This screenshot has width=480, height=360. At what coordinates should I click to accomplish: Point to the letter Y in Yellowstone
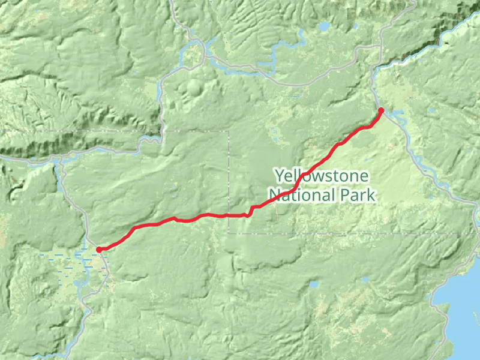coord(279,176)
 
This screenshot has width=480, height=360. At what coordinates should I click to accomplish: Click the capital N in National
coord(274,195)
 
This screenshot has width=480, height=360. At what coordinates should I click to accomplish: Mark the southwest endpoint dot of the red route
coord(99,250)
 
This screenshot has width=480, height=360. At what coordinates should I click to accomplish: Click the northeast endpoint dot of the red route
coord(381,110)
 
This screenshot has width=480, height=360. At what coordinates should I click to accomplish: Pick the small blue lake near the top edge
coord(324,27)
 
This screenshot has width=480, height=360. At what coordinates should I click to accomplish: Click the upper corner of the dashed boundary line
coord(229,131)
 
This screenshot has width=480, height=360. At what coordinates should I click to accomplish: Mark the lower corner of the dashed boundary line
coord(229,233)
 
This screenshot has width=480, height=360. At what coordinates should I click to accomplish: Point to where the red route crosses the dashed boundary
coord(229,215)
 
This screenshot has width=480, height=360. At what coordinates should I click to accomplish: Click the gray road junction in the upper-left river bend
coord(203,55)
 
